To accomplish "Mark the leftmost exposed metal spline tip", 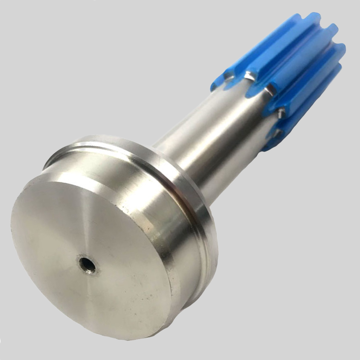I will pyautogui.click(x=228, y=76).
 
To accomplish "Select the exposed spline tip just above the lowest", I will pyautogui.click(x=281, y=113).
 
